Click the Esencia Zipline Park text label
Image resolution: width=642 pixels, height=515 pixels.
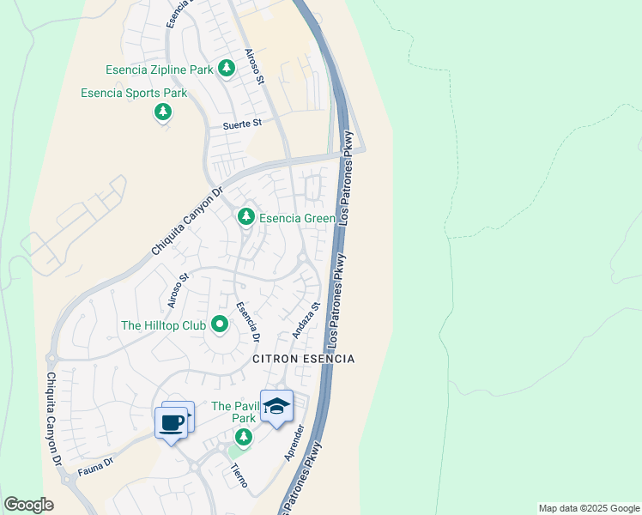(x=159, y=69)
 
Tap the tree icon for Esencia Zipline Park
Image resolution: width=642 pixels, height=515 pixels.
(x=227, y=68)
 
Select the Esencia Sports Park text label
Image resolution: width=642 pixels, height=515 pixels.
(x=134, y=93)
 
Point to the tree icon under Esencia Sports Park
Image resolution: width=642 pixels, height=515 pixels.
(x=162, y=112)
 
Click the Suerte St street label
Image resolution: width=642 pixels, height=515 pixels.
(x=242, y=124)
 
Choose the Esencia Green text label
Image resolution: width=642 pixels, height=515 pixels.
(x=298, y=218)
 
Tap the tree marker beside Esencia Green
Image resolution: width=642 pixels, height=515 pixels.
(x=246, y=216)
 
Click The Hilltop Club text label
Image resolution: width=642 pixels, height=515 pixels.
(x=163, y=325)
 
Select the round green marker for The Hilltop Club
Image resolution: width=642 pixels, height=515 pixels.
(x=220, y=324)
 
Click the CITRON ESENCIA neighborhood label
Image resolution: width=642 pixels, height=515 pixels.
(x=303, y=358)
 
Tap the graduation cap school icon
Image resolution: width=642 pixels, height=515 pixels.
(x=276, y=407)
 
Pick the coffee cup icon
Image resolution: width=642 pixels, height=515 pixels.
(x=172, y=422)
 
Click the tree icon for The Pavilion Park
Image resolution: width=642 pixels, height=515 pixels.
(x=244, y=438)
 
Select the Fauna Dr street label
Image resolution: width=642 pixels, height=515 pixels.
(x=94, y=465)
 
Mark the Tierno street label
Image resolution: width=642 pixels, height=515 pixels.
(x=239, y=475)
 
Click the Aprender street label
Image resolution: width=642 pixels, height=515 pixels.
(x=294, y=442)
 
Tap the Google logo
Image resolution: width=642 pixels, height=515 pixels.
(x=28, y=505)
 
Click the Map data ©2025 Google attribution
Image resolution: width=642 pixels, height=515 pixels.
(x=589, y=508)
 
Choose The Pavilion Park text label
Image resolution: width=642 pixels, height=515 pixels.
(x=233, y=412)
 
